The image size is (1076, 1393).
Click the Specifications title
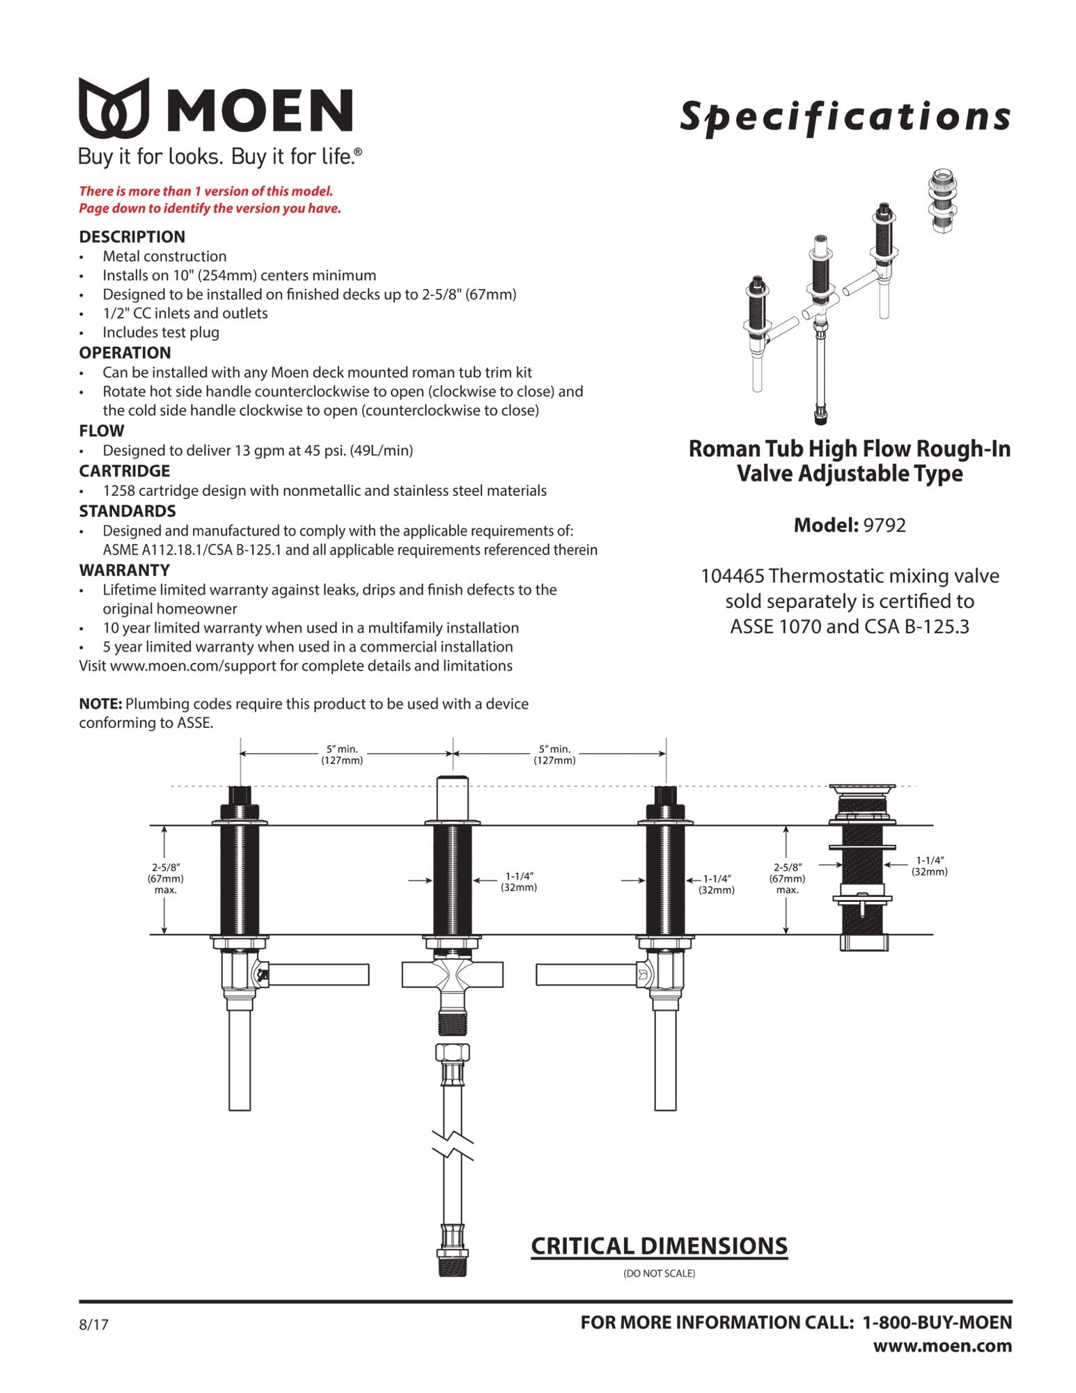(x=845, y=116)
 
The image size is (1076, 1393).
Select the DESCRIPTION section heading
(x=132, y=237)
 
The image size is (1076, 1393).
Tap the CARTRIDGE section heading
(x=124, y=471)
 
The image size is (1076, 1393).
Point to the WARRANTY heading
(x=124, y=570)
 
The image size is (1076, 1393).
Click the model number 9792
(x=884, y=525)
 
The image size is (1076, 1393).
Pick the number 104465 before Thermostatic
(x=732, y=576)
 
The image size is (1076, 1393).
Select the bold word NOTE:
(x=100, y=703)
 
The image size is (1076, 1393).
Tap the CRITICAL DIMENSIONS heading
(x=659, y=1246)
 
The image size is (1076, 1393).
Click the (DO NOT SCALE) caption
(x=659, y=1273)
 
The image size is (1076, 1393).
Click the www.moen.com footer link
(x=942, y=1346)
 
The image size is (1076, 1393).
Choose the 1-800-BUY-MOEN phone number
(x=937, y=1322)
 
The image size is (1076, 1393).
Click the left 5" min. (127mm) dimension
(x=342, y=754)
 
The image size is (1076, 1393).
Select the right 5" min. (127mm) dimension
(x=554, y=754)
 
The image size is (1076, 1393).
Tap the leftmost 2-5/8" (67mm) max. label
(x=165, y=878)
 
